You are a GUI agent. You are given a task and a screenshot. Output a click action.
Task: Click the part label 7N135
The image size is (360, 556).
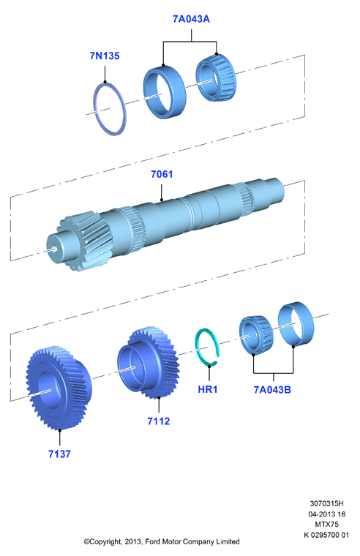click(x=105, y=56)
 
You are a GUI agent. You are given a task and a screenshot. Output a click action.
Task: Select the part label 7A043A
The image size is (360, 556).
click(x=191, y=19)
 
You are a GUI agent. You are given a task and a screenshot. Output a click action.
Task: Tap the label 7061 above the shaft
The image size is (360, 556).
click(x=162, y=174)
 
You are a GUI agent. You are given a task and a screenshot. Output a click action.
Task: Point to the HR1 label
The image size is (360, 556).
click(x=208, y=389)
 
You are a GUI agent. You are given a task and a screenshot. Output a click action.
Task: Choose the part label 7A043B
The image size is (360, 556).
click(x=272, y=389)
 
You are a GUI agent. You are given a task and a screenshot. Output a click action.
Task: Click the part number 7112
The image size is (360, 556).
click(x=159, y=421)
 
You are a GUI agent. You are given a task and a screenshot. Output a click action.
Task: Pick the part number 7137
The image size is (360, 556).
click(x=59, y=454)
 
